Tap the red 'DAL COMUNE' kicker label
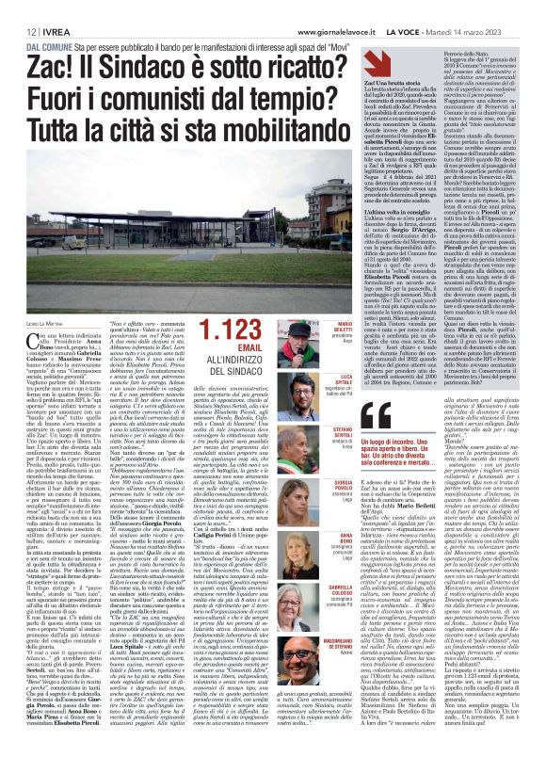click(46, 46)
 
